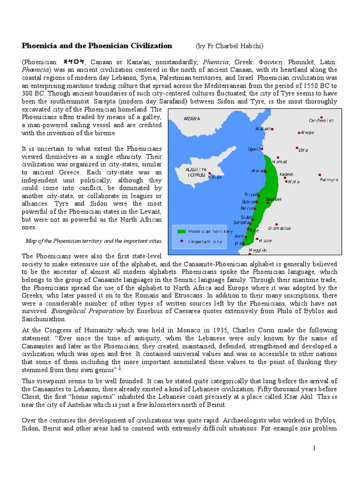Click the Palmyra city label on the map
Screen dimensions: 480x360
coord(329,180)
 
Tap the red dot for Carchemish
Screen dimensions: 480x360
coord(321,117)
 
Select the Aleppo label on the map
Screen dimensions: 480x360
coord(307,133)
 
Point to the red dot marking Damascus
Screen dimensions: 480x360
coord(277,225)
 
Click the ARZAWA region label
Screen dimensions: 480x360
coord(192,119)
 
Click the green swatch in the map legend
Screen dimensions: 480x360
coord(181,231)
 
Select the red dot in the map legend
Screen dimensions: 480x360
coord(181,241)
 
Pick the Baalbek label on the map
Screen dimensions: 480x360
coord(274,200)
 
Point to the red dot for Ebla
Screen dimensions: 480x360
coord(297,147)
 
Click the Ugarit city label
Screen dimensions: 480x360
coord(254,149)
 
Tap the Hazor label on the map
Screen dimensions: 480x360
coord(265,240)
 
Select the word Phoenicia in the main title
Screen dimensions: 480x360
coord(42,45)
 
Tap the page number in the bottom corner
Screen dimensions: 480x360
coord(315,449)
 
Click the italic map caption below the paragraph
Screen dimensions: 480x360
coord(93,241)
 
